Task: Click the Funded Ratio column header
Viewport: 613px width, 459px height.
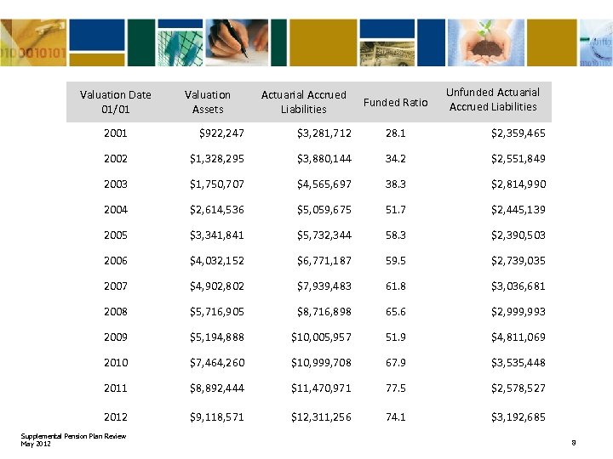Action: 395,102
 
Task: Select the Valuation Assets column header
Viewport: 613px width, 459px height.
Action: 208,102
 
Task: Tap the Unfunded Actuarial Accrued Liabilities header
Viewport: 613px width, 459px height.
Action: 493,99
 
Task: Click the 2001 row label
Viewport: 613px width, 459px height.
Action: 115,133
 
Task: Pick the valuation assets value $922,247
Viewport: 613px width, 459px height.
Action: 221,133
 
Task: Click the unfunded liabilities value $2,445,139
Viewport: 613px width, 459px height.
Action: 518,210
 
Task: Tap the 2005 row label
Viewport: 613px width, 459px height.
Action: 115,235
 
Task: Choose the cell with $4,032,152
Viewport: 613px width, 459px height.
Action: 217,261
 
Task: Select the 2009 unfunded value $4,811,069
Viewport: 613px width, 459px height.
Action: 518,337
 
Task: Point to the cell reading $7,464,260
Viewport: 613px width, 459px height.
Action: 217,363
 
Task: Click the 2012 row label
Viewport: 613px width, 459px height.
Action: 115,417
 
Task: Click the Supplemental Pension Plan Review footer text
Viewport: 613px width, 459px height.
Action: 73,437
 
